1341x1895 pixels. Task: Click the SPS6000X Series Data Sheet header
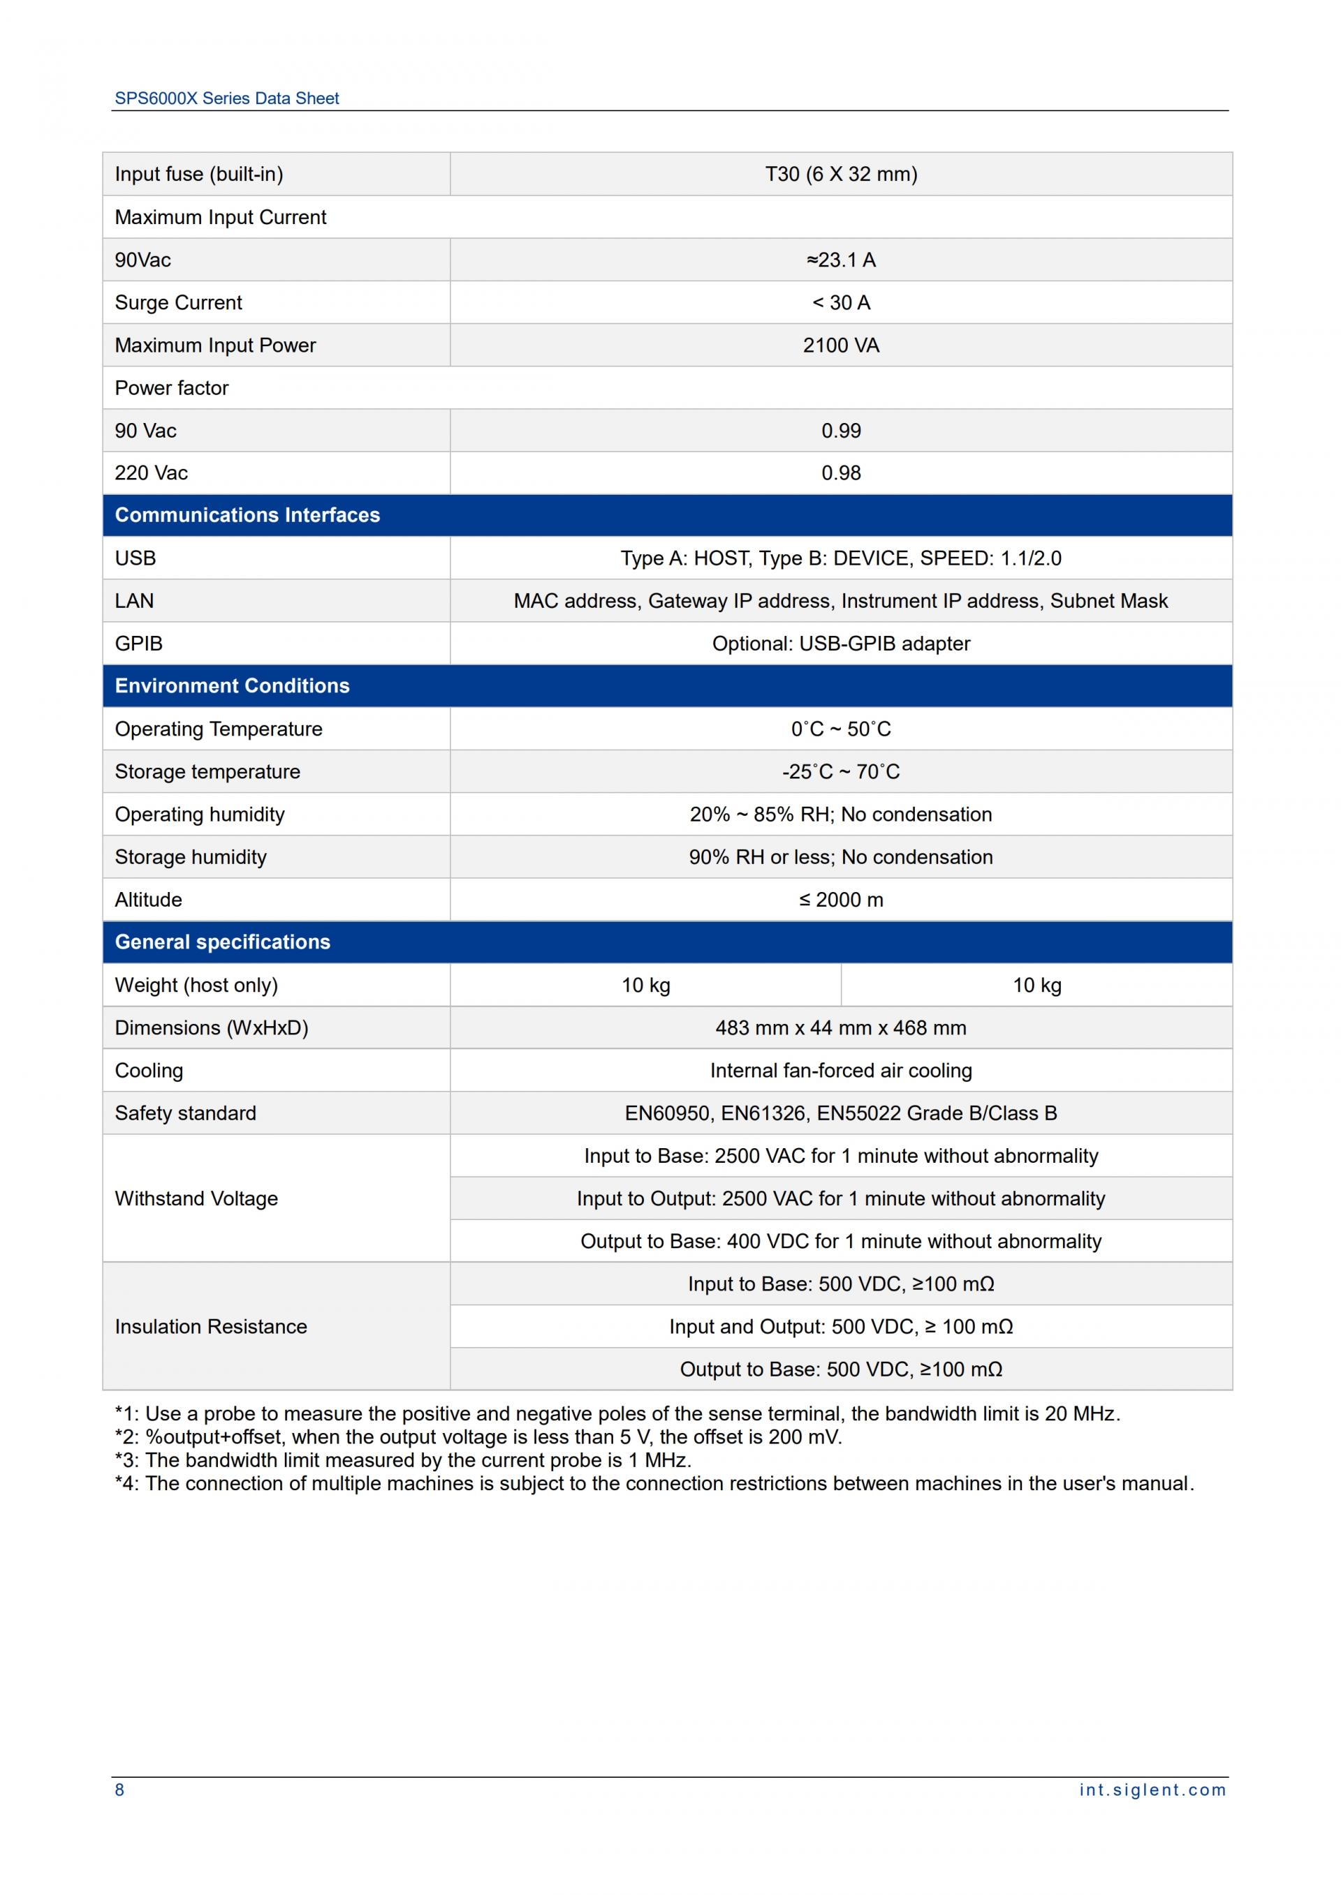pos(226,98)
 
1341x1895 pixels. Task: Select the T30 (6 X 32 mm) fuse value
pos(841,174)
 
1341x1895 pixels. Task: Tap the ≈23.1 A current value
pos(841,260)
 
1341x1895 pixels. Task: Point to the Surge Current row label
pos(178,303)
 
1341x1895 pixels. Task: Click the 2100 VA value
pos(841,345)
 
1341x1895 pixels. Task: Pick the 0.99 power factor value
pos(841,431)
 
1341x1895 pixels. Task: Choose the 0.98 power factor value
pos(841,473)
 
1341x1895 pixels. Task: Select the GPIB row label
pos(139,643)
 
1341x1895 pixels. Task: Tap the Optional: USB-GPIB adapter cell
pos(841,643)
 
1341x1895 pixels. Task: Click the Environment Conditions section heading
pos(232,686)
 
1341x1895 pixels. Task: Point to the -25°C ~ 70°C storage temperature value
pos(841,772)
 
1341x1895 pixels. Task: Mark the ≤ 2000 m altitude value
pos(841,900)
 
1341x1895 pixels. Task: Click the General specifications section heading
pos(222,942)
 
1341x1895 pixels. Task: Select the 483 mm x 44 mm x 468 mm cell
pos(841,1027)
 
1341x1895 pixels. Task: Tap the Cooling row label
pos(149,1071)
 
